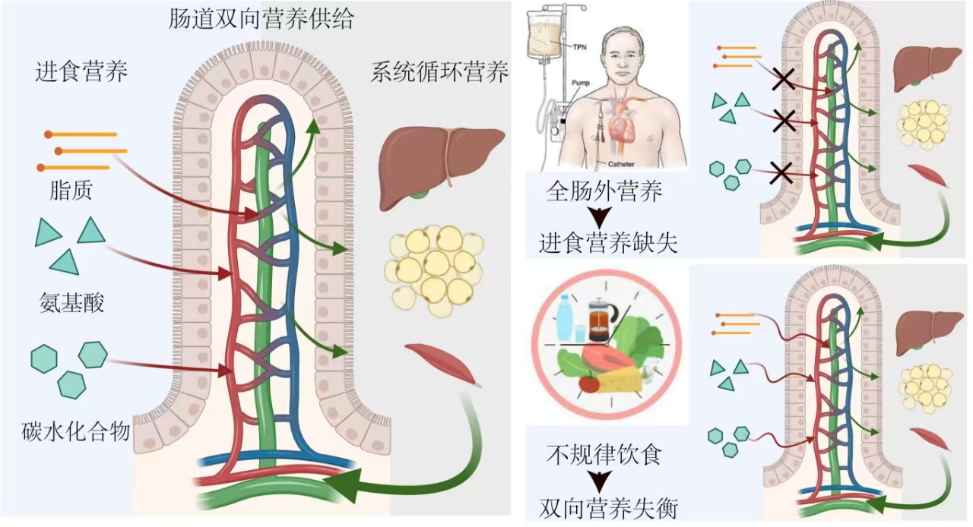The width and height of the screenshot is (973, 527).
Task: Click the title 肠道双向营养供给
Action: (x=261, y=19)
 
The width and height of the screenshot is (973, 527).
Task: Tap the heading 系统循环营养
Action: (x=439, y=72)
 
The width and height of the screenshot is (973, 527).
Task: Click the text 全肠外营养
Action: (x=604, y=191)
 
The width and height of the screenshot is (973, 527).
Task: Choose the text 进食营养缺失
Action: (x=604, y=243)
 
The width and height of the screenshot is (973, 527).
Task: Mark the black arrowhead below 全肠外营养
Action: (x=604, y=218)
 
